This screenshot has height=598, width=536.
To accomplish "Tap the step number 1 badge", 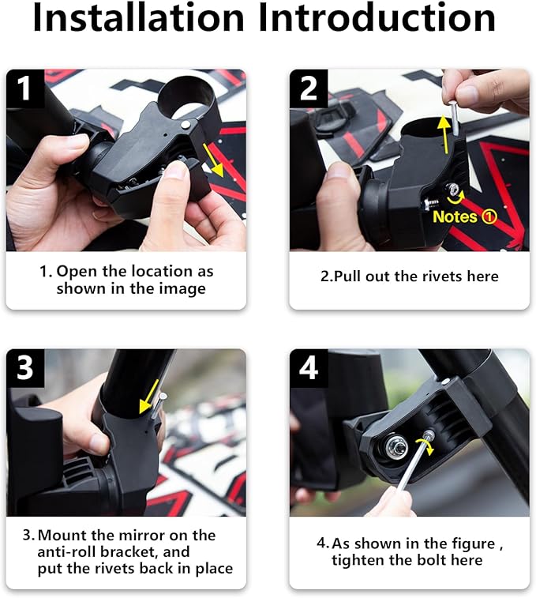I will coord(25,88).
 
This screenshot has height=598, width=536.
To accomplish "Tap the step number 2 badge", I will coord(309,88).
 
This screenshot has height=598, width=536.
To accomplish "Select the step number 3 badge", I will coord(25,368).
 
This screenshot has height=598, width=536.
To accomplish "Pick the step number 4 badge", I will coord(309,368).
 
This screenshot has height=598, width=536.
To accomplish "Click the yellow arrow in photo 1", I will coord(212,156).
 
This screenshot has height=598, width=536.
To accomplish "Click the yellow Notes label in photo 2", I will coord(455,216).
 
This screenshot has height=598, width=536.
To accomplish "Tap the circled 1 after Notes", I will coord(489,216).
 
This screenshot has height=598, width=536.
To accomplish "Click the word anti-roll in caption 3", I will coord(69,552).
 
